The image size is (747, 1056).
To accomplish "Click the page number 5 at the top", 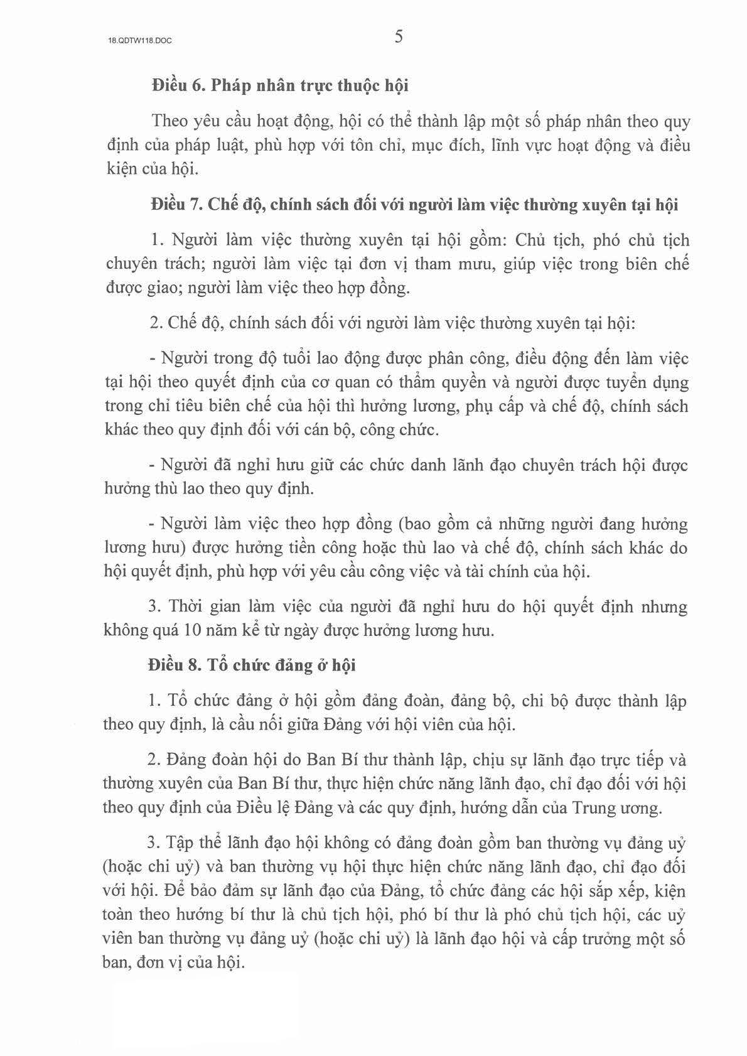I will [x=399, y=37].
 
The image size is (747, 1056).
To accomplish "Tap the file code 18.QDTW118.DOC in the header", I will [x=139, y=40].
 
